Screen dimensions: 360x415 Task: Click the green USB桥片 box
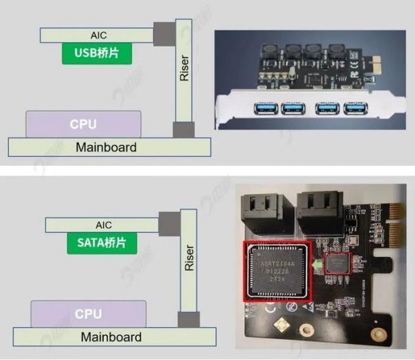click(x=97, y=53)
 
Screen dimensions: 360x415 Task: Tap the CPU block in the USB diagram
click(x=83, y=125)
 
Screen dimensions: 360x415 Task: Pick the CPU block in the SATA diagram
click(x=88, y=314)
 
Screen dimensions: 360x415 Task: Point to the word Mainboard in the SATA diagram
click(x=111, y=337)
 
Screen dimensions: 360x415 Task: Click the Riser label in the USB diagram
click(x=184, y=68)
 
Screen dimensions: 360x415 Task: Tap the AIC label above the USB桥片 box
click(x=99, y=35)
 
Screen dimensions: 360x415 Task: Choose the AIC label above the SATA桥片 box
click(x=102, y=225)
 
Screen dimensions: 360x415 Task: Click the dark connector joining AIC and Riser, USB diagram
click(x=164, y=32)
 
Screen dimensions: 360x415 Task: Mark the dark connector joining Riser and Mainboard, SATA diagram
click(x=188, y=321)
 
